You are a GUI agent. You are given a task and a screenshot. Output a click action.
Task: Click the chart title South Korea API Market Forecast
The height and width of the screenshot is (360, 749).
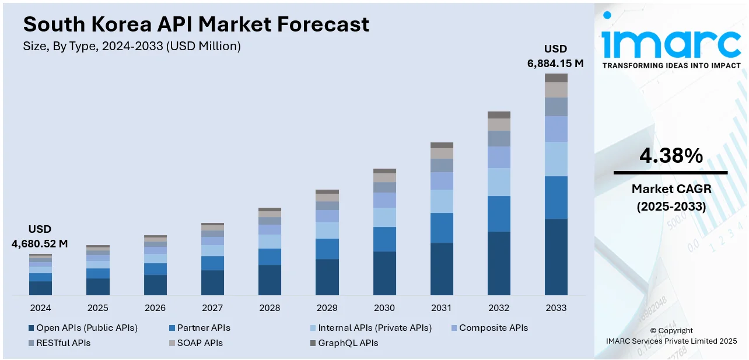(196, 25)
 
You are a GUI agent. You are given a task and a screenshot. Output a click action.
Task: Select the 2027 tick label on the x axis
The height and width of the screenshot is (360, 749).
(212, 308)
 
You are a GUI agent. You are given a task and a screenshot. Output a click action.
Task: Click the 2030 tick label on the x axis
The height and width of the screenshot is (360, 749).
(384, 308)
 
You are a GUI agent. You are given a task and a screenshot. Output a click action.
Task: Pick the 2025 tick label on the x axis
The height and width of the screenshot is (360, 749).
(97, 308)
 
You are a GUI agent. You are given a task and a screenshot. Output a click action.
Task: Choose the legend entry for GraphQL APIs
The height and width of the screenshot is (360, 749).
(344, 343)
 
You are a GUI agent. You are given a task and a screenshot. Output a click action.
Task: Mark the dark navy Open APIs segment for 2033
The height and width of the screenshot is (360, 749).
(556, 257)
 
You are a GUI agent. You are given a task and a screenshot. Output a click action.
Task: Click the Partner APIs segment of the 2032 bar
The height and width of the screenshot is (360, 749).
(499, 214)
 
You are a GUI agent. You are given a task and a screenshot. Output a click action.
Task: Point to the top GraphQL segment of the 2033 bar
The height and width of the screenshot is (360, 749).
(556, 78)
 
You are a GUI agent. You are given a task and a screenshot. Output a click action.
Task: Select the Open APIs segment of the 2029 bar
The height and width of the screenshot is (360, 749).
(327, 277)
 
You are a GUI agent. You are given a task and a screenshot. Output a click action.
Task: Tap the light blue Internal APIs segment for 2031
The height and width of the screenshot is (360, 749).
(442, 201)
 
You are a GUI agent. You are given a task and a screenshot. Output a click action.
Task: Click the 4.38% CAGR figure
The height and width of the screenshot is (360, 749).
(671, 156)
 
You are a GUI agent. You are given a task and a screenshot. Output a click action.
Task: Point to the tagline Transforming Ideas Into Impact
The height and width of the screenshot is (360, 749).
(671, 66)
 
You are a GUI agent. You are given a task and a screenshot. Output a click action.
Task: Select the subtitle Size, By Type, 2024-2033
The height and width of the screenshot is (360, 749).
(132, 46)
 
